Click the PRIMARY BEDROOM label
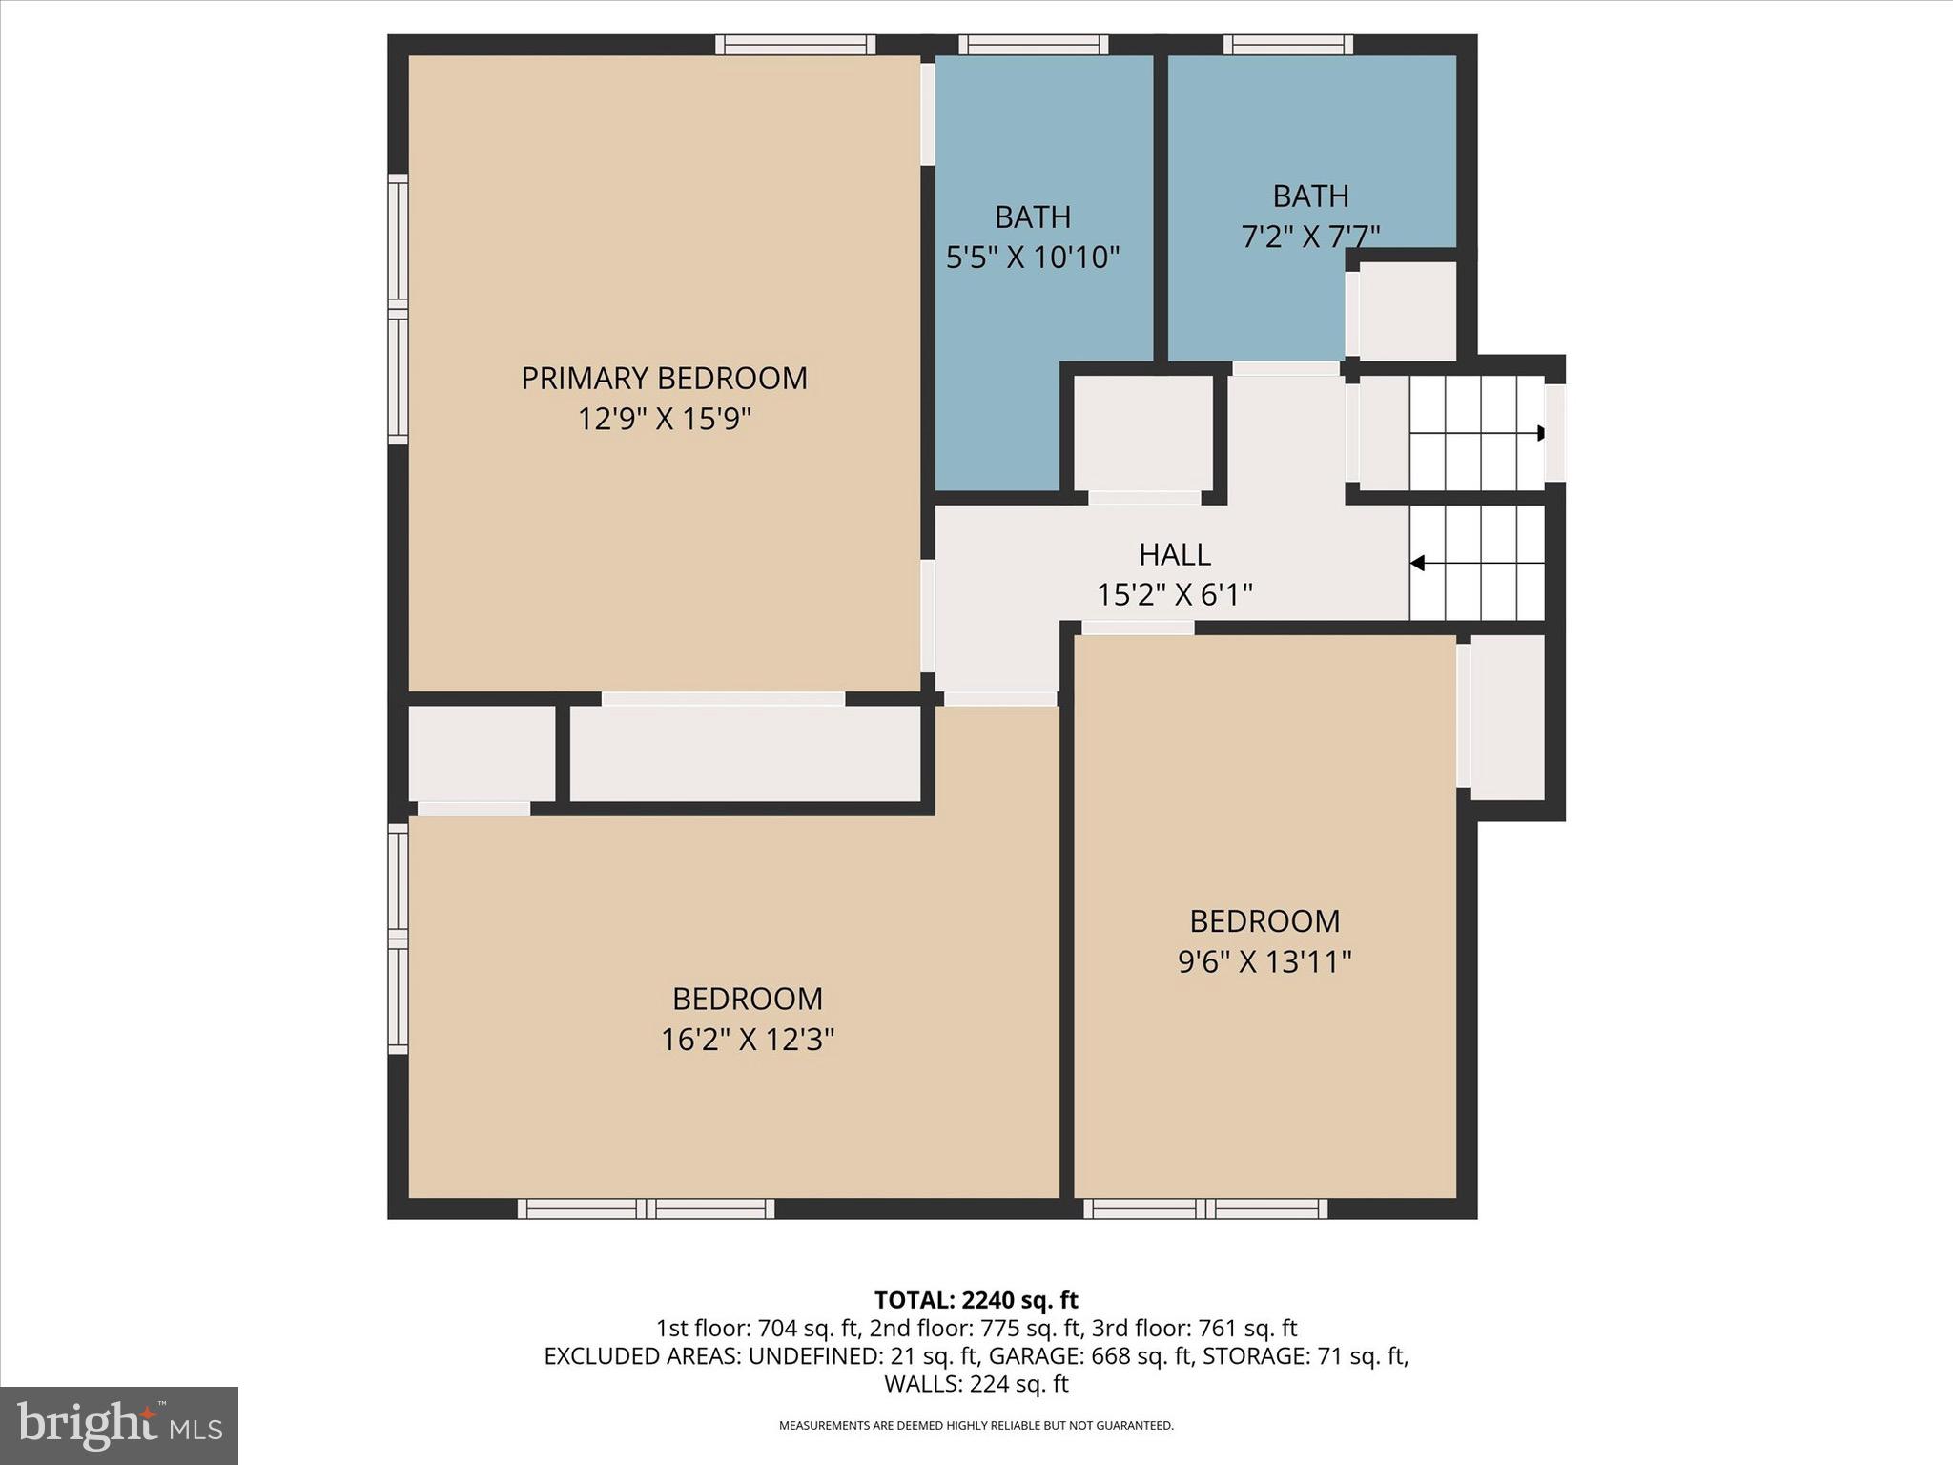pos(664,379)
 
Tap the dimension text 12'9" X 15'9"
pos(665,419)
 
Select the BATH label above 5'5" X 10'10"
pos(1033,217)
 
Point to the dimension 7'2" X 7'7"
pos(1310,236)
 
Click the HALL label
pos(1174,555)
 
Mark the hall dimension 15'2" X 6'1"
pos(1174,595)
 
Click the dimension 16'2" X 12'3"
pos(748,1040)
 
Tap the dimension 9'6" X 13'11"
pos(1264,961)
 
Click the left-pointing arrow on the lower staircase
pos(1418,564)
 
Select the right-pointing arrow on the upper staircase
pos(1539,433)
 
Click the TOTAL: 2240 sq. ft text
pos(976,1300)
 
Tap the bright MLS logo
pos(119,1425)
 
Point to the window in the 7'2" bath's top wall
pos(1287,44)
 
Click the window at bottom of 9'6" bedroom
pos(1205,1209)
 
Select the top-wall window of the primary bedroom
pos(795,44)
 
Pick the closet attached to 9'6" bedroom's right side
pos(1507,717)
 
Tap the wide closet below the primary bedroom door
pos(745,753)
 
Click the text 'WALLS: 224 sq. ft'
pos(976,1384)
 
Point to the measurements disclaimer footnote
pos(976,1426)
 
